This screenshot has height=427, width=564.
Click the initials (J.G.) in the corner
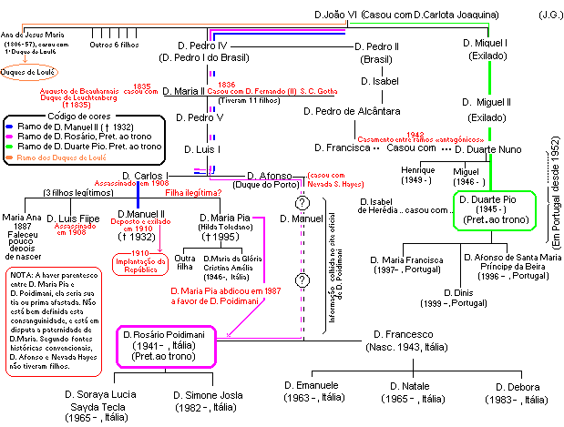tap(549, 15)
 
